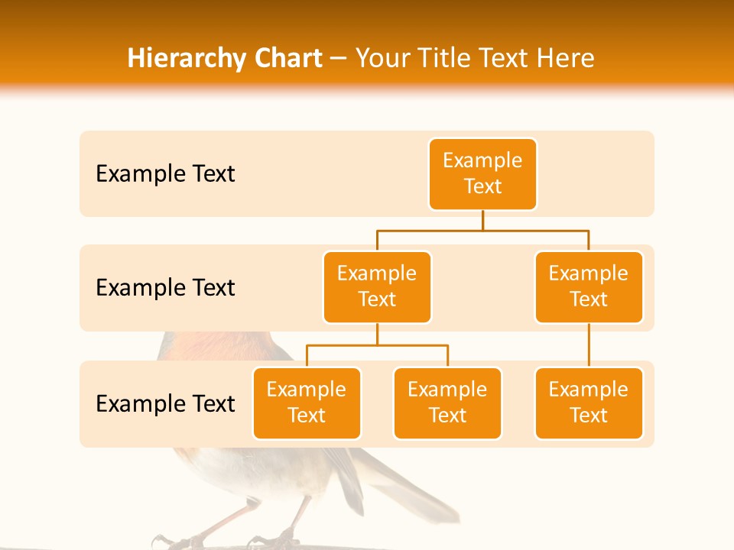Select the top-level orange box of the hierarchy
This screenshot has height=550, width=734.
click(x=482, y=174)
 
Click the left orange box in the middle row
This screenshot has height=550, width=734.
click(x=377, y=287)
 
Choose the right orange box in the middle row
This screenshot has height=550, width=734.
click(x=589, y=287)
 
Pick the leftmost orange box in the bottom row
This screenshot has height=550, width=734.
click(x=307, y=403)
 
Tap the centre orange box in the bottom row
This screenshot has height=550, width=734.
click(x=447, y=403)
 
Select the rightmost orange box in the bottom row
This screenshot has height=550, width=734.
click(x=589, y=403)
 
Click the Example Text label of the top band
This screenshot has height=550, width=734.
click(x=165, y=174)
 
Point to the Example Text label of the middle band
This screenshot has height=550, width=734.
click(x=165, y=288)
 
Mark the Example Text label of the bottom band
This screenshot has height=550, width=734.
click(x=165, y=403)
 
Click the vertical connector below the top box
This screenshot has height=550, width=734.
click(x=482, y=220)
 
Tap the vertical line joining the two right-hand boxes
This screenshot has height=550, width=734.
click(x=589, y=345)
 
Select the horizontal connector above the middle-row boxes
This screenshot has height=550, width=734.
click(x=482, y=230)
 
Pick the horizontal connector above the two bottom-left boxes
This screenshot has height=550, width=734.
click(x=377, y=345)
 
